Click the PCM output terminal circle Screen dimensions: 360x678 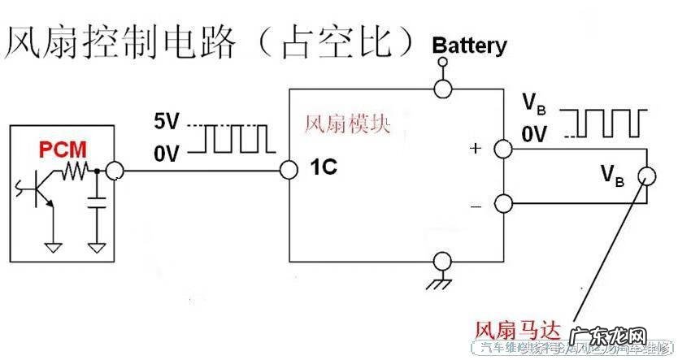coord(115,171)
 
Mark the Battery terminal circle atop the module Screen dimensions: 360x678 coord(444,87)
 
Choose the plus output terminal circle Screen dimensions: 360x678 coord(504,150)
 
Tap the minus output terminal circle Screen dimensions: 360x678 coord(504,203)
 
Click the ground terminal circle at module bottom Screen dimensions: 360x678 coord(444,261)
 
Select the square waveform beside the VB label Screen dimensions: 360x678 coord(607,123)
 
